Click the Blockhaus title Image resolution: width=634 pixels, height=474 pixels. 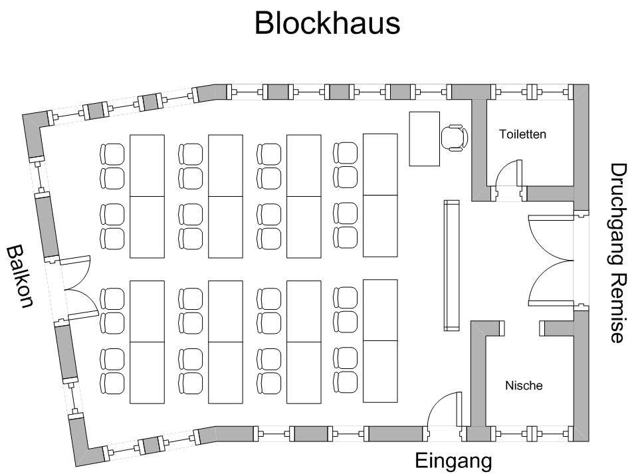tap(327, 23)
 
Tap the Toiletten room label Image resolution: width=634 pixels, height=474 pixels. tap(522, 134)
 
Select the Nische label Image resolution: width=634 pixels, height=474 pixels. tap(524, 386)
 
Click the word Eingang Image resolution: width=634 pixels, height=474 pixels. tap(453, 461)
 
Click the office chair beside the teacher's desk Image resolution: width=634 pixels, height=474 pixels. tap(455, 136)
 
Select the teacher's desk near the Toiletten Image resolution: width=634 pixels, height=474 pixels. tap(425, 138)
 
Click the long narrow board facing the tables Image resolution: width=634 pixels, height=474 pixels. tap(452, 265)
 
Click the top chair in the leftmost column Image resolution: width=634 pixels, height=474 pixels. tap(112, 154)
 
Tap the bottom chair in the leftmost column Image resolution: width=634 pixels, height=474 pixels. tap(112, 382)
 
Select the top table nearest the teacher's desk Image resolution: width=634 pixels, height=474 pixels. tap(380, 164)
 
